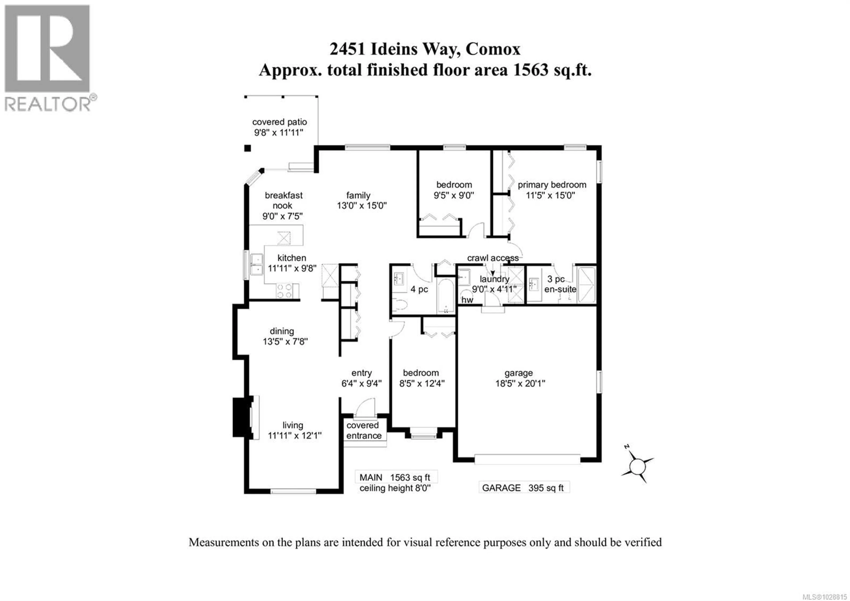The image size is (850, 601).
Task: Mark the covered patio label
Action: point(280,122)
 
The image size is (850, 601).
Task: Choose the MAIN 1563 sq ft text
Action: point(395,478)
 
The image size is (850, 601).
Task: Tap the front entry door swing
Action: point(365,408)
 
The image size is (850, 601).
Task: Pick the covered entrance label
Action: point(363,431)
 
